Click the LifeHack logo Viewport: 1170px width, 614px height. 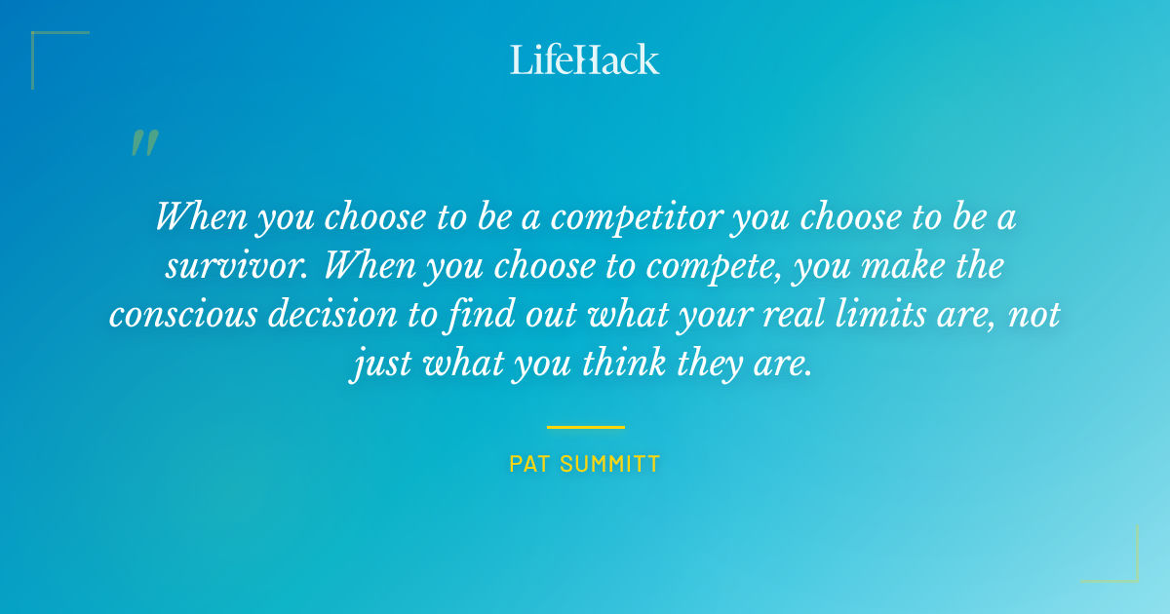[585, 59]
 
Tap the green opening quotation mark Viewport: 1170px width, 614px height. [144, 143]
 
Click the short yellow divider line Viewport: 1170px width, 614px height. [585, 427]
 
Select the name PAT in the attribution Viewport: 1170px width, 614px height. [528, 464]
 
